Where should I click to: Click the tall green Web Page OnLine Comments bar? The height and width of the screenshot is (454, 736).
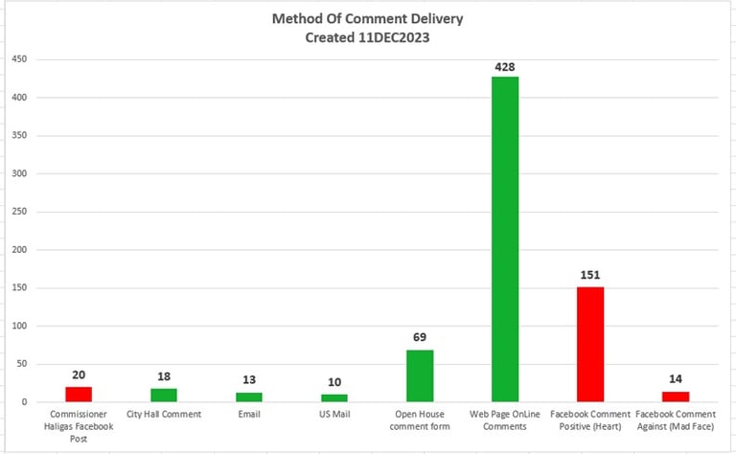tap(505, 239)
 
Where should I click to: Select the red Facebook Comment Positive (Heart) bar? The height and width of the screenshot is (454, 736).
tap(590, 345)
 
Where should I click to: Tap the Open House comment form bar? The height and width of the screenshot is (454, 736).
tap(420, 376)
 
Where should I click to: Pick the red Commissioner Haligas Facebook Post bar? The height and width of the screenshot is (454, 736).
tap(79, 395)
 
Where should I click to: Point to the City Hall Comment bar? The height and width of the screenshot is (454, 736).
tap(164, 396)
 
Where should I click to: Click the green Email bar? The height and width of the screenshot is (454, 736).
tap(249, 397)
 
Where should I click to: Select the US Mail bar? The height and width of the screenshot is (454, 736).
tap(334, 398)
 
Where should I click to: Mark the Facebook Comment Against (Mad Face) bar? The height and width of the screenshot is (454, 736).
tap(676, 397)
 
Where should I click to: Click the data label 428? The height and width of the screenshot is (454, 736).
tap(505, 67)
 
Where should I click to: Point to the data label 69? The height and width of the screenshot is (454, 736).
tap(420, 338)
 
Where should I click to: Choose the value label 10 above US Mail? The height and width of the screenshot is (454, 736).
tap(334, 382)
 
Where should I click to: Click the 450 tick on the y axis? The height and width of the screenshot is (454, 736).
tap(18, 59)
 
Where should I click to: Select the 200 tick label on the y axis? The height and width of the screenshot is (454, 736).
tap(18, 250)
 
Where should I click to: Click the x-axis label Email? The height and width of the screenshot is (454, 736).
tap(249, 415)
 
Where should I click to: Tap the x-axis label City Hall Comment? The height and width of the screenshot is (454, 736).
tap(164, 415)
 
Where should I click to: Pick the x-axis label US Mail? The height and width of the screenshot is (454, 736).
tap(334, 415)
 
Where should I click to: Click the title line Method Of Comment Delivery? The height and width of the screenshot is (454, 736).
tap(367, 18)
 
